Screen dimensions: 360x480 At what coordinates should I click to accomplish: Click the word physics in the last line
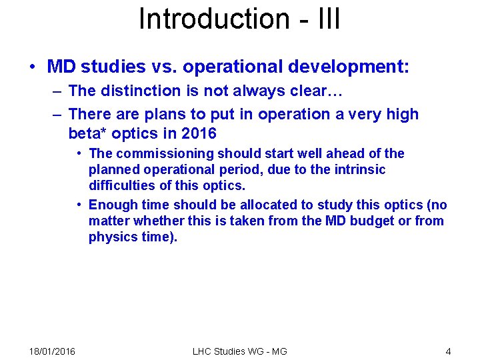coord(111,237)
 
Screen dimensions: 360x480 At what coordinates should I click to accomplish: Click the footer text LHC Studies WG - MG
coord(239,351)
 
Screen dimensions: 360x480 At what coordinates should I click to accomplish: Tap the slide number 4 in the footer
coord(448,351)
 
